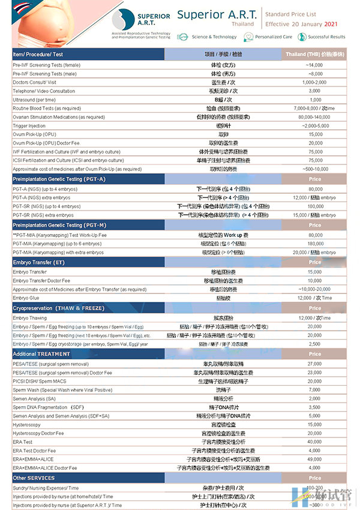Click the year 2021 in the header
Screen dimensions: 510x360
point(331,25)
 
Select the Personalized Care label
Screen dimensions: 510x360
point(273,37)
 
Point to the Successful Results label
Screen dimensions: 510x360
point(327,37)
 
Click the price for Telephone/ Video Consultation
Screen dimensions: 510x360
point(315,91)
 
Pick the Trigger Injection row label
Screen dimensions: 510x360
point(29,126)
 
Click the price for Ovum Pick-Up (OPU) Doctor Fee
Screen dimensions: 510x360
point(315,143)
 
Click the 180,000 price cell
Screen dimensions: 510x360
point(315,244)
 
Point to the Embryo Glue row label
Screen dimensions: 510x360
point(26,298)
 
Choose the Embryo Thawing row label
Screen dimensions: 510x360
point(29,317)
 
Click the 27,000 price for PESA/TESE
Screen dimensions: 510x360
point(315,364)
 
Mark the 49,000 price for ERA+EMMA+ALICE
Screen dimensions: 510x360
point(315,459)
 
